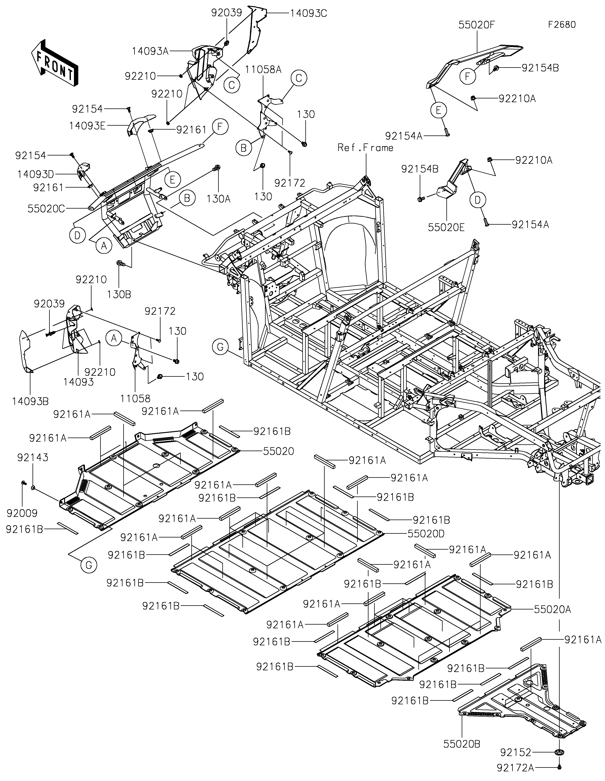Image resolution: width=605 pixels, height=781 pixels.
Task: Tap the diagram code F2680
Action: point(562,25)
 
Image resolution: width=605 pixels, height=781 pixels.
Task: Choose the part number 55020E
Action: point(446,227)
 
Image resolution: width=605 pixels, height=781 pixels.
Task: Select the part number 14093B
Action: point(30,401)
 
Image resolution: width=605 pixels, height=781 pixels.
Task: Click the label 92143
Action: point(33,457)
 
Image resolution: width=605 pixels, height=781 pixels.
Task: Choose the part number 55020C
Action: point(46,209)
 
